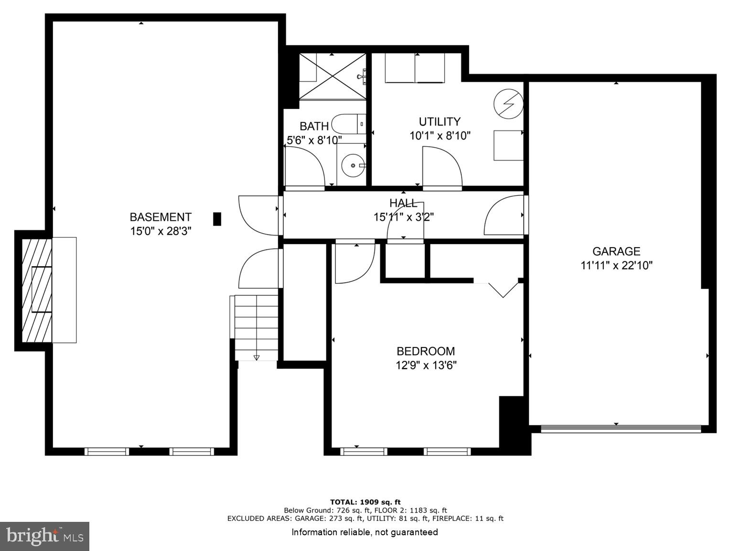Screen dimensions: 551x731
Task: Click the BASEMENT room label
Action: click(161, 217)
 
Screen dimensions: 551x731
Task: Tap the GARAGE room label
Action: click(616, 251)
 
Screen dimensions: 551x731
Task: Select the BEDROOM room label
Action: click(425, 351)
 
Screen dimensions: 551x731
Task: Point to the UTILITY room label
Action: click(440, 121)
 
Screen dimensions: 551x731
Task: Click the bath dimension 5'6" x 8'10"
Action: click(314, 140)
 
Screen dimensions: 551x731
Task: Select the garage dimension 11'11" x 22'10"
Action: click(616, 265)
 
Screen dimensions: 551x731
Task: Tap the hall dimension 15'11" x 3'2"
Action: click(403, 217)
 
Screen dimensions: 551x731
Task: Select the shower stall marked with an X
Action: click(333, 76)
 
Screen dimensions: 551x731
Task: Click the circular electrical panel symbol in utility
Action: click(508, 103)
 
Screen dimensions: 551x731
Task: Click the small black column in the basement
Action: click(217, 219)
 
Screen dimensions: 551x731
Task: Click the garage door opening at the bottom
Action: click(621, 429)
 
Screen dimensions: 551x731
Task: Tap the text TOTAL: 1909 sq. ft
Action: click(365, 502)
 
